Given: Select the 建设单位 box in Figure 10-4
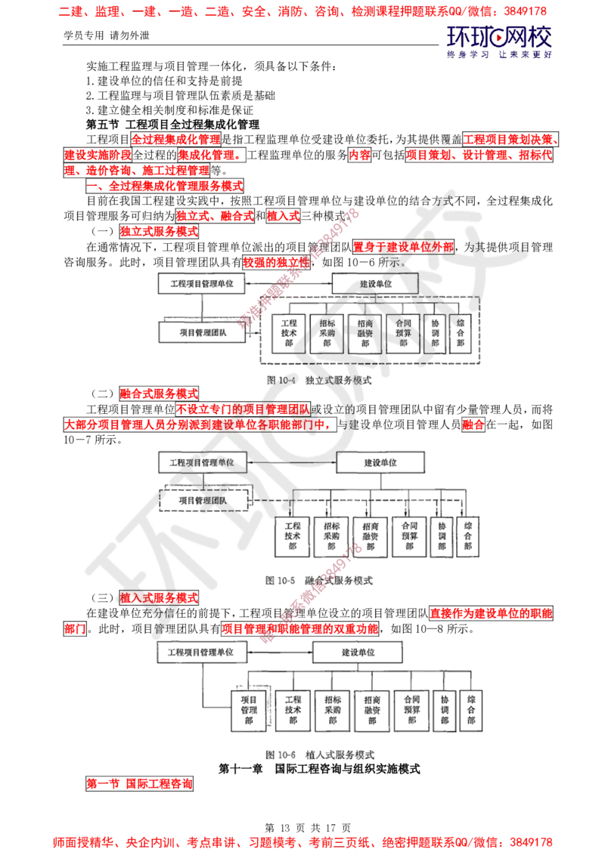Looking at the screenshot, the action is (376, 283).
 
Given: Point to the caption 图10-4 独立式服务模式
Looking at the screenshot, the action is (320, 380).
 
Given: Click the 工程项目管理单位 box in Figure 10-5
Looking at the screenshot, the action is (200, 461).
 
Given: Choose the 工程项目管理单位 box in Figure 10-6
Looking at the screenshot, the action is (200, 651).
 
